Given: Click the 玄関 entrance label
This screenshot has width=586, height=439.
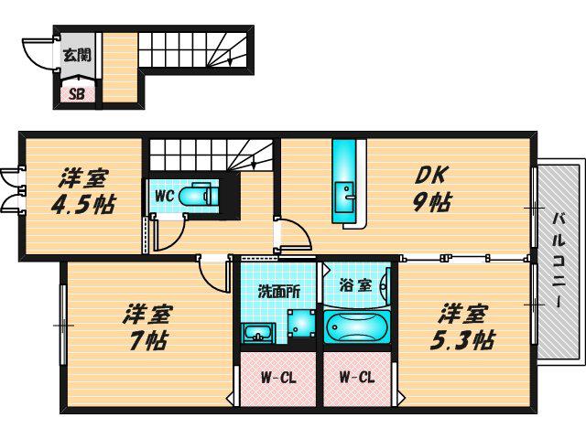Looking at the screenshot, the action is click(x=77, y=55).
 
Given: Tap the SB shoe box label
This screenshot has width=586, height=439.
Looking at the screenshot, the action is click(x=77, y=93).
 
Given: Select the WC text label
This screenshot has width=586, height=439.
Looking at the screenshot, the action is click(x=164, y=196).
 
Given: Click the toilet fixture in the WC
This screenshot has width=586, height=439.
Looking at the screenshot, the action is click(x=199, y=195).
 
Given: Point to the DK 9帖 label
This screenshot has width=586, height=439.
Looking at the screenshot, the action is click(x=431, y=189).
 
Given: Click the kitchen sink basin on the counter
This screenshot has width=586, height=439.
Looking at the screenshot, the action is click(x=344, y=198).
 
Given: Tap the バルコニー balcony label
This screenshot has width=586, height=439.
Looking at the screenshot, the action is click(x=559, y=260).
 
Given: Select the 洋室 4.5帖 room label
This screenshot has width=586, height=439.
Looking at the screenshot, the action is click(x=83, y=190).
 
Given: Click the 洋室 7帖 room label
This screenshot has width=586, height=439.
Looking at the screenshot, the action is click(x=146, y=327).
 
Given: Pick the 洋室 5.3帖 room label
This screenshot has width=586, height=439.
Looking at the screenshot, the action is click(x=463, y=327).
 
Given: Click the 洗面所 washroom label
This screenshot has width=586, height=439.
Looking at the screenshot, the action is click(x=279, y=292).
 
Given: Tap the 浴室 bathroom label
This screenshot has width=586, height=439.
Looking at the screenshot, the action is click(x=355, y=285).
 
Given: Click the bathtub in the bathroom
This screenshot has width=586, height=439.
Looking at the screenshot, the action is click(x=357, y=327).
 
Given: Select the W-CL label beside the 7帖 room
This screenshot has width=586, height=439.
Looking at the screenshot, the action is click(x=278, y=378).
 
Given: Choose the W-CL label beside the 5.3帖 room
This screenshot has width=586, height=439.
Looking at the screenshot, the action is click(x=357, y=378).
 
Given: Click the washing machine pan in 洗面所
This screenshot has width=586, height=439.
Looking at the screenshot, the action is click(x=301, y=323).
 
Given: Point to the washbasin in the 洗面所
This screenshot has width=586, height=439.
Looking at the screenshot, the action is click(x=258, y=333).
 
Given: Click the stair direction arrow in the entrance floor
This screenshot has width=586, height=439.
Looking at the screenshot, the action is click(x=229, y=59).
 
